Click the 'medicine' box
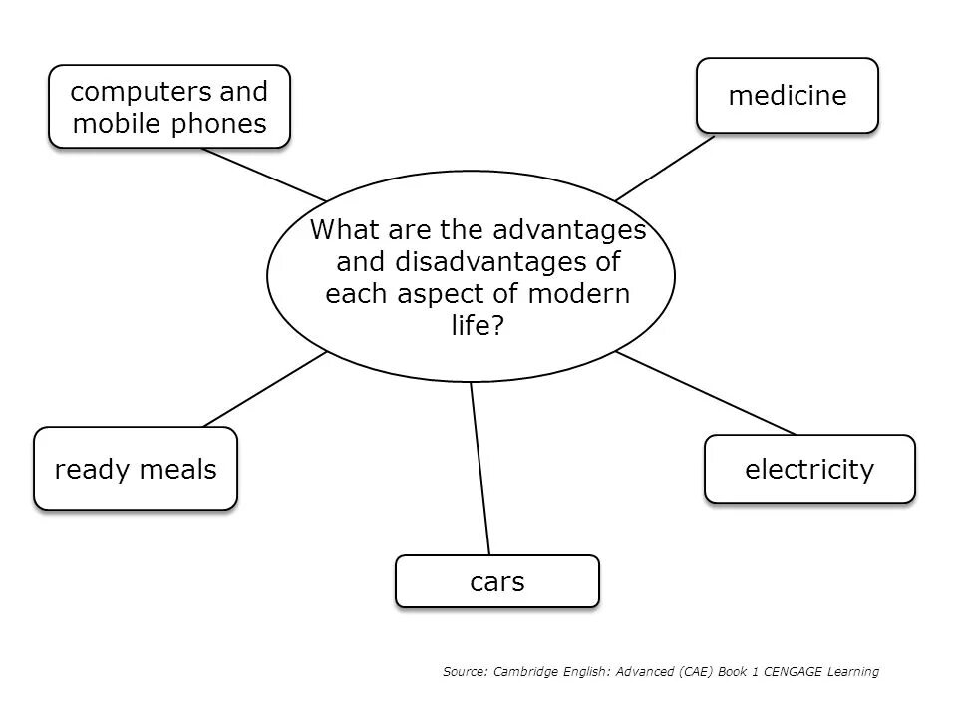[787, 96]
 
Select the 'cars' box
[496, 581]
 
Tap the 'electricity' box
[808, 469]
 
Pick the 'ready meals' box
[136, 469]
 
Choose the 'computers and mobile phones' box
[169, 107]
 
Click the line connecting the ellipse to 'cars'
[480, 469]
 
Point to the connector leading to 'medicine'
[665, 168]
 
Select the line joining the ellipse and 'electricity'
[706, 393]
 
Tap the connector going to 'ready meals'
[265, 389]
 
